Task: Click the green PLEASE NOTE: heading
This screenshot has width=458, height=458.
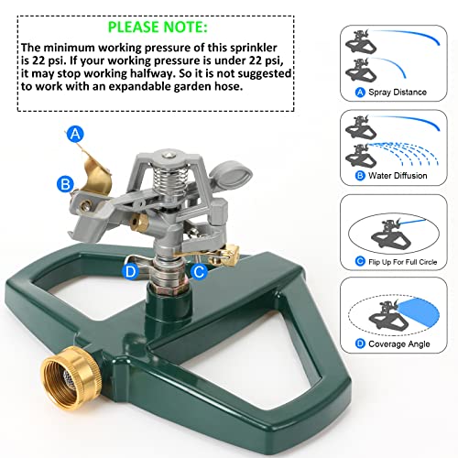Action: pos(158,27)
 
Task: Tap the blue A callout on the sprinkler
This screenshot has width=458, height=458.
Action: pos(75,134)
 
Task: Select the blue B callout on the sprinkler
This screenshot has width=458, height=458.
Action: pos(65,184)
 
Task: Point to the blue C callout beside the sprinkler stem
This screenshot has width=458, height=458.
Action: pos(199,271)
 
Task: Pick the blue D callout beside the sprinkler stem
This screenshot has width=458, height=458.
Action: pos(130,271)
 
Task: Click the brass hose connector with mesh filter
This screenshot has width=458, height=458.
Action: pos(71,378)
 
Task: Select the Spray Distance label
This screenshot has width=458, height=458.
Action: pos(398,92)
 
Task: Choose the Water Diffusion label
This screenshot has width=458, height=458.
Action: pos(398,176)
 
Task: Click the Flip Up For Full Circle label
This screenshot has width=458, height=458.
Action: pos(402,262)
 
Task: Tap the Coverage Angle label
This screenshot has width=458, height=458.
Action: pos(399,344)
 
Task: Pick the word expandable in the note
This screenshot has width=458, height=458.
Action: pos(140,86)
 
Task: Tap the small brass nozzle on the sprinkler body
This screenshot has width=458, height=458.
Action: pos(139,222)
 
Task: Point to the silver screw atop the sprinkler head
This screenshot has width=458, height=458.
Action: pos(167,156)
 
